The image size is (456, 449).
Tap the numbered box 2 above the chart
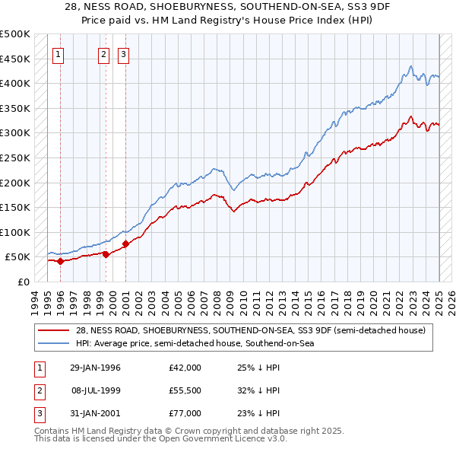tap(103, 54)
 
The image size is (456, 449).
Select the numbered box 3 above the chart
tap(123, 54)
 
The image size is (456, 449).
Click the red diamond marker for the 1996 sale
tap(60, 261)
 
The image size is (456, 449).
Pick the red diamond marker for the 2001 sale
tap(125, 244)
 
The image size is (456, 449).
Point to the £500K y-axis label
tap(15, 34)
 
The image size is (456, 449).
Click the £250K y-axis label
tap(15, 158)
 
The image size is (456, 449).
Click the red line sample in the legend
tap(54, 330)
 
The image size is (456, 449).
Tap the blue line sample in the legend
tap(54, 343)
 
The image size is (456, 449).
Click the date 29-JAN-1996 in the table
tap(95, 368)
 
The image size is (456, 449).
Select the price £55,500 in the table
tap(185, 390)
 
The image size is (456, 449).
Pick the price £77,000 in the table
tap(185, 413)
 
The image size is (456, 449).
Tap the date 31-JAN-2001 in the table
tap(95, 413)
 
